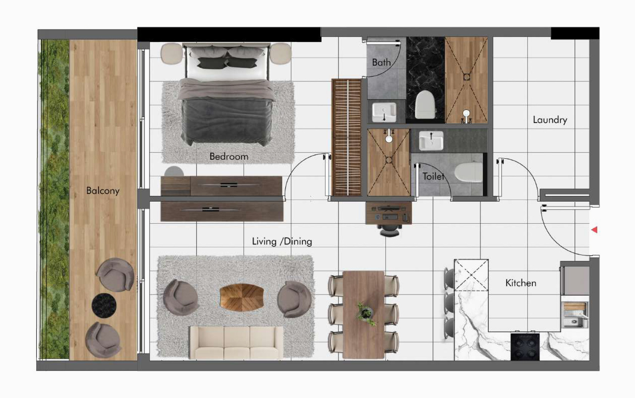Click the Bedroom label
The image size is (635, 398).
229,156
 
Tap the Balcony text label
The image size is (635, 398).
103,191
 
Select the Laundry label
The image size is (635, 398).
550,120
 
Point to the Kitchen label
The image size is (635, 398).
521,283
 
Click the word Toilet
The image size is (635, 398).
434,176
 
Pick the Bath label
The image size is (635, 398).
381,62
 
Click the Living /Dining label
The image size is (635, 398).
282,241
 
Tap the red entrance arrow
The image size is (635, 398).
595,230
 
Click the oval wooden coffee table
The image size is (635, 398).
242,298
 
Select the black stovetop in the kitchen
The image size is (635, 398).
525,347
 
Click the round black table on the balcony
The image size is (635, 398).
104,305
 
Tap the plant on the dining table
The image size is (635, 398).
366,313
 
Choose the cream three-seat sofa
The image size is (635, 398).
237,342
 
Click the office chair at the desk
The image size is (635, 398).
390,230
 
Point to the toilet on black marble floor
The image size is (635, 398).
425,104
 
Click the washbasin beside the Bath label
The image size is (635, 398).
384,112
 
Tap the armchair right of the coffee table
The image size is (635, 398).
294,299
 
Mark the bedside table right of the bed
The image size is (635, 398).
280,53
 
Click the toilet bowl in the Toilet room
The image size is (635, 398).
468,172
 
